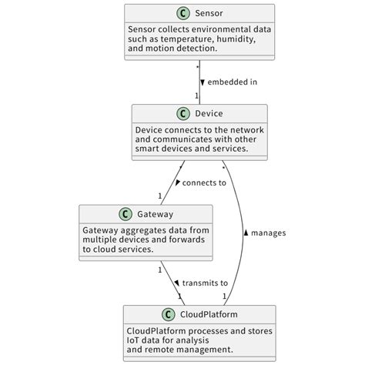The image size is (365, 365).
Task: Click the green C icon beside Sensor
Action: [183, 14]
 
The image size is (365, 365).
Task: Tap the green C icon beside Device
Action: [183, 114]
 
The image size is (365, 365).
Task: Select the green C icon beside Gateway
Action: [125, 214]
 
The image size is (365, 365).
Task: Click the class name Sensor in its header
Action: [209, 14]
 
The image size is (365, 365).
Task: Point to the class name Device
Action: [209, 114]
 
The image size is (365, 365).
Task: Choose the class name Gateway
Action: [156, 214]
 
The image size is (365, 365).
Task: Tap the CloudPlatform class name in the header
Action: [209, 314]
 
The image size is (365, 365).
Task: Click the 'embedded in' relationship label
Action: [232, 82]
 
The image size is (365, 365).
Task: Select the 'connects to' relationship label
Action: [205, 182]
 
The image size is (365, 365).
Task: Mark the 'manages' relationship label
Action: [269, 233]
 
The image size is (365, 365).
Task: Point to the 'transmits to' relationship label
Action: [205, 283]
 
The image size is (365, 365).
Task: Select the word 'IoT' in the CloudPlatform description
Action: [135, 340]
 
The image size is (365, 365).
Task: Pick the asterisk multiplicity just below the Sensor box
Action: [197, 68]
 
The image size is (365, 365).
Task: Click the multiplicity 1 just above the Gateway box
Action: [160, 196]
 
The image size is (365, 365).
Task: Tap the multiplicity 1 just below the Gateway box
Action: [160, 269]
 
